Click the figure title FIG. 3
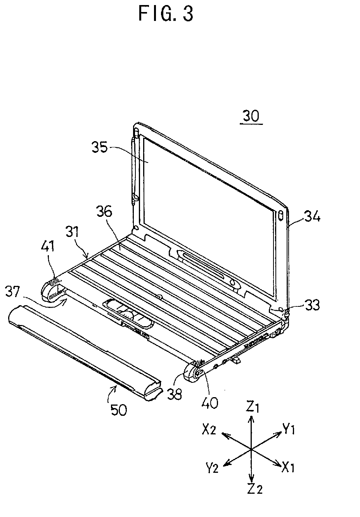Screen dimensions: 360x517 [166, 14]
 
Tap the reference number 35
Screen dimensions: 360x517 [100, 147]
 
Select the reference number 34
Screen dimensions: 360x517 [312, 217]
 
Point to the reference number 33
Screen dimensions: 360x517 [312, 305]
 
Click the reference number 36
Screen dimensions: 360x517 [104, 211]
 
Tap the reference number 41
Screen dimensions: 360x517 [48, 246]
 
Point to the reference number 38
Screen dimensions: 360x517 [174, 394]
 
